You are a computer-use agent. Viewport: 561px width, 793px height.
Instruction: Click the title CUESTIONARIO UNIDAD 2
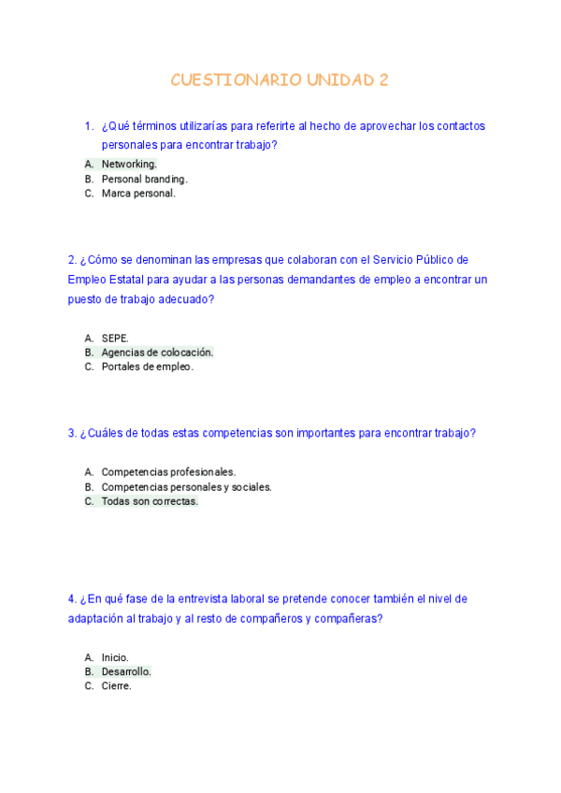[x=280, y=80]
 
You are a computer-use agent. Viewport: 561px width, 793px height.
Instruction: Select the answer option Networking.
[x=129, y=165]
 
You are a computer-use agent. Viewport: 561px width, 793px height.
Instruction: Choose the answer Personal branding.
[x=144, y=180]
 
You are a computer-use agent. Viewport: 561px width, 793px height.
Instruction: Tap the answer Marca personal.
[x=138, y=195]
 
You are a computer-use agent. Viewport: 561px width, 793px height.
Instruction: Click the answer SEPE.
[x=115, y=338]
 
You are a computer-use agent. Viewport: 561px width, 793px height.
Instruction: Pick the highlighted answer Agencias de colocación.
[x=157, y=353]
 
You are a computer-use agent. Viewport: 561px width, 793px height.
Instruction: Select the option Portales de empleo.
[x=147, y=368]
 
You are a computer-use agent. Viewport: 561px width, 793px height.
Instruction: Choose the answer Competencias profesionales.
[x=168, y=472]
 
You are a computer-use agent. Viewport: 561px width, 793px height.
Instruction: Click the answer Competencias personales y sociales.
[x=186, y=487]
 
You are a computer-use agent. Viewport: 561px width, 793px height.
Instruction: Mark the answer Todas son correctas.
[x=150, y=502]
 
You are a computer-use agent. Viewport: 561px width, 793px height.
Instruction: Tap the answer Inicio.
[x=115, y=657]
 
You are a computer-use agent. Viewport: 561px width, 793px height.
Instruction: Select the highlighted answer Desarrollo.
[x=126, y=672]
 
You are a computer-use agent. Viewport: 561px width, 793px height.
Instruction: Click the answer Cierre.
[x=116, y=686]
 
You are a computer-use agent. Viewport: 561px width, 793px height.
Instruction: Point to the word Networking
[x=129, y=165]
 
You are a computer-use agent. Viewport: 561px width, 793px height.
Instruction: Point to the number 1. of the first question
[x=88, y=126]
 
